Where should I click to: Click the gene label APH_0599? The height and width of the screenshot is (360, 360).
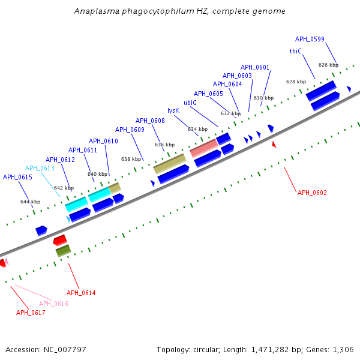310,39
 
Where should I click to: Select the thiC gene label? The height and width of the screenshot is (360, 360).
295,52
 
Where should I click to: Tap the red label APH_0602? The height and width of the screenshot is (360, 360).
313,193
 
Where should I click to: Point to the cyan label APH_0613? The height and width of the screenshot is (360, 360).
40,168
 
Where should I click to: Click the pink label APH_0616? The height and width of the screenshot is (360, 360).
53,304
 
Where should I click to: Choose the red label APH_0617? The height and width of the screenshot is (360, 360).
31,313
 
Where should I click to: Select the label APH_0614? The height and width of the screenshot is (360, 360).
81,293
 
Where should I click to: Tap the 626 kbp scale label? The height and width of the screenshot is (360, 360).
328,65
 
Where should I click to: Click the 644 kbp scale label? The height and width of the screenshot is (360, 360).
30,202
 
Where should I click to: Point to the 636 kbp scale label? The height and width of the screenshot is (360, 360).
164,145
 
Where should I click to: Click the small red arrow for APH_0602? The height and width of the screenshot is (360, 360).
274,145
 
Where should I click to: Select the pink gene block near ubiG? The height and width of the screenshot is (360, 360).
203,148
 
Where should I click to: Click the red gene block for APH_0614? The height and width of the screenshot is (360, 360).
60,241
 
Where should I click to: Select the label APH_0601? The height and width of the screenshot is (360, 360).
255,67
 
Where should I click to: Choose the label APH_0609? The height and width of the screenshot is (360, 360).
130,130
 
